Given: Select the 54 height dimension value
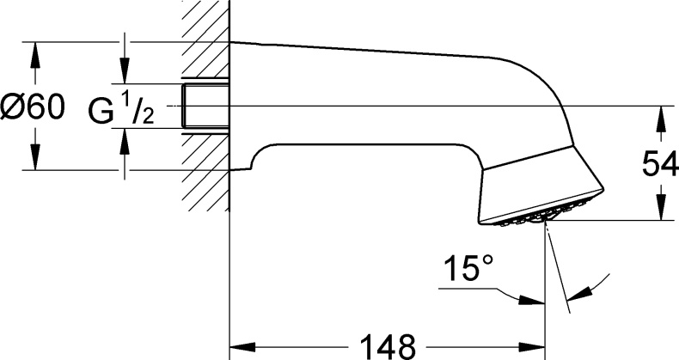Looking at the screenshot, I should [660, 164].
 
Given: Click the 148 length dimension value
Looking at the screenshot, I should [387, 345].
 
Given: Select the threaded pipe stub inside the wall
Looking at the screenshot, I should [206, 105].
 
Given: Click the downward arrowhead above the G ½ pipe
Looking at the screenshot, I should [125, 75].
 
